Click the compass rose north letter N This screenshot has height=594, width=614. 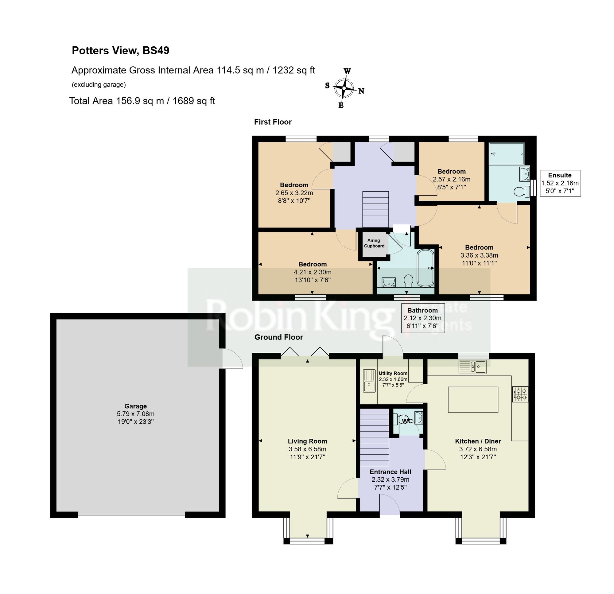tap(361, 91)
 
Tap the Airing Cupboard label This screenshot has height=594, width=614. tap(374, 243)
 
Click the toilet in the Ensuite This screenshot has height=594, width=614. tap(521, 192)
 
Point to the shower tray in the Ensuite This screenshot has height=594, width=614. tap(506, 154)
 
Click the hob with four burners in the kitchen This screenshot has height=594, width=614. tap(520, 394)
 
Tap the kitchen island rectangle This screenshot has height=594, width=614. tap(473, 400)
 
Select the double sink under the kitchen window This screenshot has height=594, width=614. tap(472, 367)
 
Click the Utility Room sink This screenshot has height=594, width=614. tap(369, 381)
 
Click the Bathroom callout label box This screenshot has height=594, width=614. tap(422, 318)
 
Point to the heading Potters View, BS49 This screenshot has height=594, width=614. tap(121, 50)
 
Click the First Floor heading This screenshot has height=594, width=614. tap(273, 122)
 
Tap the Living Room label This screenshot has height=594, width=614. tap(307, 441)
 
